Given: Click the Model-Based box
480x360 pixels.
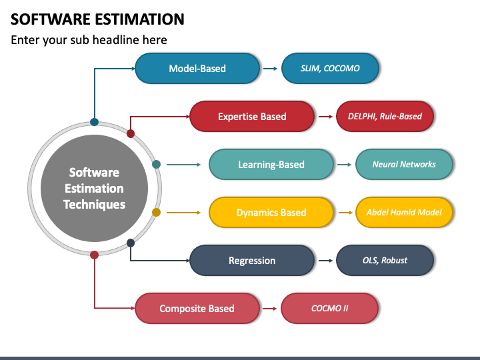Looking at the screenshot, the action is coord(197,68).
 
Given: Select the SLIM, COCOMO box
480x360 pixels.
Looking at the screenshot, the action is coord(330,68).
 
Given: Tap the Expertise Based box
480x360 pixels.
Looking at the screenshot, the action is coord(252,116).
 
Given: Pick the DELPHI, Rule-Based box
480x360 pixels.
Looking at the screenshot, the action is coord(385,116).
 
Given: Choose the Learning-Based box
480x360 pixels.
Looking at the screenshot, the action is coord(271,165).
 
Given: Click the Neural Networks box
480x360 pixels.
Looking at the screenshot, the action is coord(404,165).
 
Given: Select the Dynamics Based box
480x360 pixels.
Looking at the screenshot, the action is coord(271,213).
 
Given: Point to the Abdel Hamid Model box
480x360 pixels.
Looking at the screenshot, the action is coord(404,213).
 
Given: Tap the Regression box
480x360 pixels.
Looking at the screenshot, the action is coord(252,261).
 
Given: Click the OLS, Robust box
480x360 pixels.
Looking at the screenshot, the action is coord(385,261).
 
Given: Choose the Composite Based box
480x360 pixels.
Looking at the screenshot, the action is coord(197,308).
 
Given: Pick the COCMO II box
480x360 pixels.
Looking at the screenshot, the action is coord(330,308).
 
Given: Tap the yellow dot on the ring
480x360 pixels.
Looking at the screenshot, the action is coord(156,213).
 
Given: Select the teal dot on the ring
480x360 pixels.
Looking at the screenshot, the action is coord(156,165).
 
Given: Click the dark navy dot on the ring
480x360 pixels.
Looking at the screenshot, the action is coord(131,243).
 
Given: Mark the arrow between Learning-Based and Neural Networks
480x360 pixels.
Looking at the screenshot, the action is coord(344,165).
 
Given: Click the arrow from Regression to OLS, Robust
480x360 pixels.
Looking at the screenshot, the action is coord(325,261).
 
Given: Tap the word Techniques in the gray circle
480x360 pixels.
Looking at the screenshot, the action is coord(94,205).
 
